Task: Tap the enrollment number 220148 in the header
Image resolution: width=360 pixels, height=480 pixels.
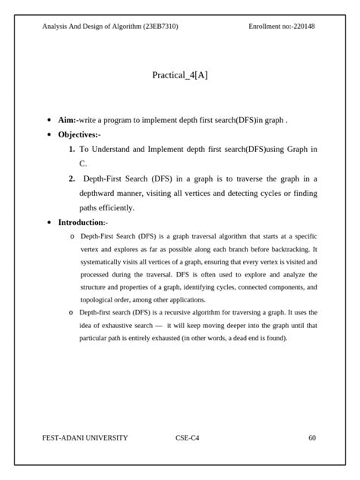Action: (x=302, y=27)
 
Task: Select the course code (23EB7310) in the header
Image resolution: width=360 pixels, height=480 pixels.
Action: (x=160, y=27)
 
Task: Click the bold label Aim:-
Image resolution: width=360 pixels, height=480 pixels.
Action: (x=68, y=120)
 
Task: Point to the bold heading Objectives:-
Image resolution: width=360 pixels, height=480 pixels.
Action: (x=79, y=134)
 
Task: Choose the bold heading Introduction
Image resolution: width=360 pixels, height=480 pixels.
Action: (x=81, y=223)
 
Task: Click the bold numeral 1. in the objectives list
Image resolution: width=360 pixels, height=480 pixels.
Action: (x=71, y=150)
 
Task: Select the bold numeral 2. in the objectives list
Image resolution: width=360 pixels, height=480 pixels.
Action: (x=71, y=178)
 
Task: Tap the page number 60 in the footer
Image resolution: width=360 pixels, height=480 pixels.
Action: (x=312, y=438)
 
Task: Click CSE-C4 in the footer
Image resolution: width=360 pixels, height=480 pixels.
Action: (x=188, y=438)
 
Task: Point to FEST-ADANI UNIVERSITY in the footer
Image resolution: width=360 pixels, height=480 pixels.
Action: (x=85, y=438)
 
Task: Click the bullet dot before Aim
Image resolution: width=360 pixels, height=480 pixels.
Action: (x=49, y=120)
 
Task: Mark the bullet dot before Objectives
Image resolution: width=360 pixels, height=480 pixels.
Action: (x=49, y=134)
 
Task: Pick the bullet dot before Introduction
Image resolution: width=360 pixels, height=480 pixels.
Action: (x=49, y=223)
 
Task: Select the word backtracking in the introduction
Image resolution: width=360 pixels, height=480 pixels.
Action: (x=291, y=248)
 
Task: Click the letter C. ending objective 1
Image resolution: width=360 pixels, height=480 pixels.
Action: (x=83, y=163)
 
